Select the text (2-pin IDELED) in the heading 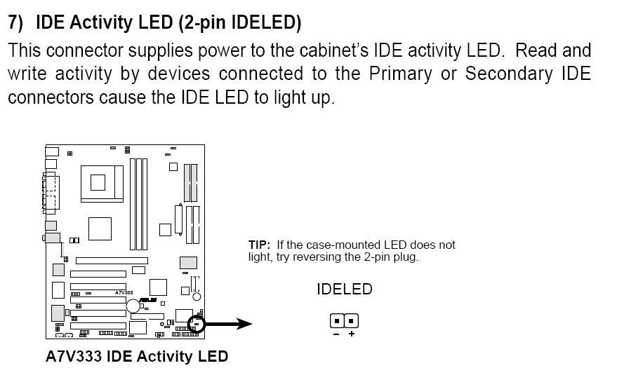pos(239,23)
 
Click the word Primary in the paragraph pos(397,74)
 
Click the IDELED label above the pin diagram pos(344,289)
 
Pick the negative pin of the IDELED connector pos(337,321)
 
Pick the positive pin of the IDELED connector pos(351,321)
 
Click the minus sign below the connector pos(336,334)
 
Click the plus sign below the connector pos(351,334)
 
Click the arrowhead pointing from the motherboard pos(244,324)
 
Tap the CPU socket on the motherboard pos(98,183)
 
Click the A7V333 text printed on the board pos(124,292)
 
